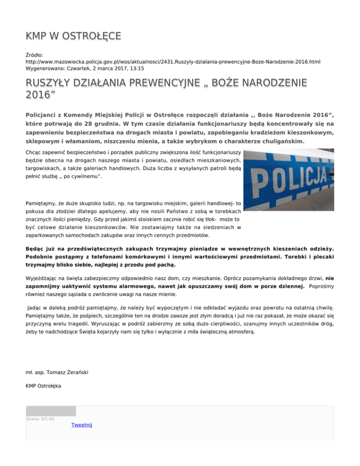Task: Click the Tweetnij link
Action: click(82, 425)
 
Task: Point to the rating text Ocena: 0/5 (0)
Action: click(40, 419)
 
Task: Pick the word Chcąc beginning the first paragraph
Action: click(35, 153)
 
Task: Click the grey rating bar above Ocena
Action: click(51, 411)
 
